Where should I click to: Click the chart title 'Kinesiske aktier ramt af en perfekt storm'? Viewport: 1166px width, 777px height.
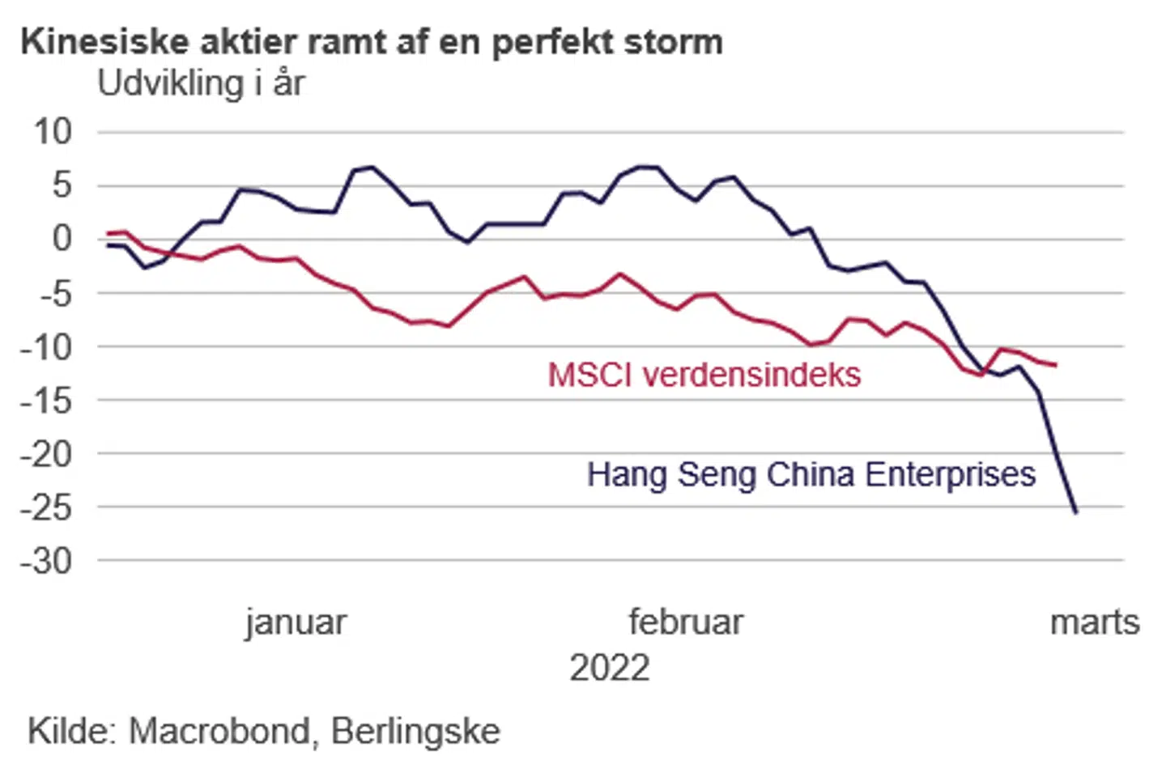(372, 42)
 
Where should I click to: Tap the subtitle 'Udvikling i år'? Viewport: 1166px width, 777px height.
(201, 83)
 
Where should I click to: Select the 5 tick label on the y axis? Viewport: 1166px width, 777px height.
(62, 185)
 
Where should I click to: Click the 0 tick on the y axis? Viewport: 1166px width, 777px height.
(62, 239)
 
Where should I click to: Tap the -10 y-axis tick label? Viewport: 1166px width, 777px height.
(46, 346)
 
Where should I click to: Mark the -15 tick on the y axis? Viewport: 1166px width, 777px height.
(46, 400)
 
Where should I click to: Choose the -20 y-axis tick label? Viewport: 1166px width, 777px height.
(46, 454)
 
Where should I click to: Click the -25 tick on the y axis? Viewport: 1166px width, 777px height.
(46, 507)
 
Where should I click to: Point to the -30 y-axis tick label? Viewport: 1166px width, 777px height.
(46, 561)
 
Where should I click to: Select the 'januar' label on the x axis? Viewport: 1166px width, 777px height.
(296, 622)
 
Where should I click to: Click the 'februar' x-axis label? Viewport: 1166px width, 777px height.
(686, 622)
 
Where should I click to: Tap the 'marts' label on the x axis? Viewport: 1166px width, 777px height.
(1095, 622)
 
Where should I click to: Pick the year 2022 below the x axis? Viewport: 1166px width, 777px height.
(610, 669)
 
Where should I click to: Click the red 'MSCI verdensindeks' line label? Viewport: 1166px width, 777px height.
(704, 375)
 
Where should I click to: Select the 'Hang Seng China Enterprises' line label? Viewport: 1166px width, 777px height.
(811, 474)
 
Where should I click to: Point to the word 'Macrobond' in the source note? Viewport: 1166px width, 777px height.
(219, 731)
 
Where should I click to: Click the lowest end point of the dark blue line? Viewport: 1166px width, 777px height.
(1076, 512)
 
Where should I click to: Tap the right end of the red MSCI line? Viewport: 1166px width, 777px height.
(1056, 365)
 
